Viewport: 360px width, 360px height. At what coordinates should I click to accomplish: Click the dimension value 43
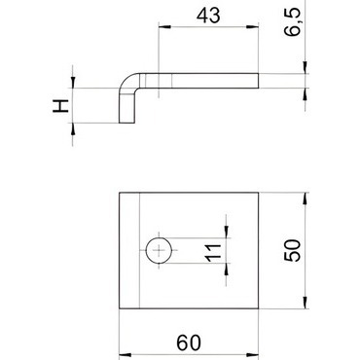click(208, 16)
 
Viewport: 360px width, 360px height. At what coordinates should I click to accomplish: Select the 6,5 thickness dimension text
click(293, 22)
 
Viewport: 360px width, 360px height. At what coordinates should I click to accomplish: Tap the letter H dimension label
click(61, 106)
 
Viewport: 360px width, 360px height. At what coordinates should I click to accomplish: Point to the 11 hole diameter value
click(213, 252)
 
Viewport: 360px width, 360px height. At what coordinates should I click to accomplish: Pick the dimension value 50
click(293, 250)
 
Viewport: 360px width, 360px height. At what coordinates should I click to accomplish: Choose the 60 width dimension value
click(189, 342)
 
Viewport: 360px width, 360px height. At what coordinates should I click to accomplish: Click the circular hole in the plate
click(159, 250)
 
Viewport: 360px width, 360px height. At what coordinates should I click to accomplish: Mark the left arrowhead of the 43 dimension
click(164, 27)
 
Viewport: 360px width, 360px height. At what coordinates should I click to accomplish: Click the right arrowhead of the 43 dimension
click(252, 27)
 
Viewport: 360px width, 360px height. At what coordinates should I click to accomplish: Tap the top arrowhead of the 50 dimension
click(305, 198)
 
